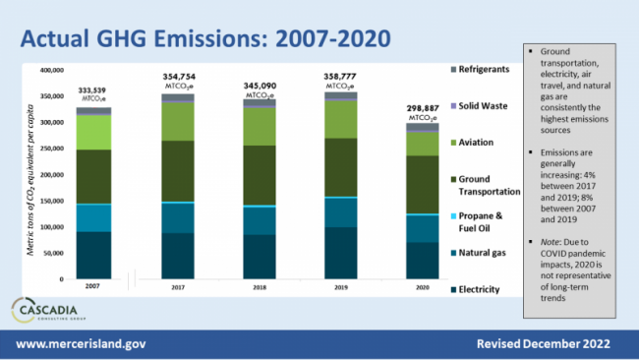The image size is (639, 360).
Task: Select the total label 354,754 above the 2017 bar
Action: pos(179,77)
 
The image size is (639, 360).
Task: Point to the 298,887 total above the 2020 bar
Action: pos(423,105)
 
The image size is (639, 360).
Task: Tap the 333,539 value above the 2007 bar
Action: pos(94,89)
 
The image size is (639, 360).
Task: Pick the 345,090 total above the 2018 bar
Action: pos(260,86)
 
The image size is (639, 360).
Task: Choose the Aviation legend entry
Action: pos(482,142)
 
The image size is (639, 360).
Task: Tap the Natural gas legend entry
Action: pos(486,253)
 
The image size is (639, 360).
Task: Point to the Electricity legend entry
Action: pos(486,289)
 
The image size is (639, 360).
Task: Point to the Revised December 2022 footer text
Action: pos(543,345)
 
